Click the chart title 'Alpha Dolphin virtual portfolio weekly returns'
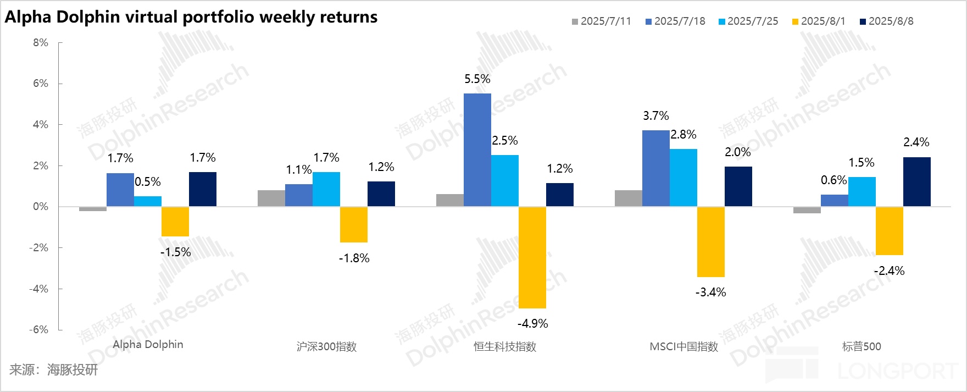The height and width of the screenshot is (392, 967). (x=191, y=17)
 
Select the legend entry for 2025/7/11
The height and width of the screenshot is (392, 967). (x=602, y=21)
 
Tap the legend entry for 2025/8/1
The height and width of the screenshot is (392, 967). (x=818, y=21)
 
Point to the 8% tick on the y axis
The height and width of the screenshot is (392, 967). (x=41, y=43)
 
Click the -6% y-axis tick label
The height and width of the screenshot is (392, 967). (x=38, y=329)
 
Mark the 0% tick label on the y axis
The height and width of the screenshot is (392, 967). (x=41, y=207)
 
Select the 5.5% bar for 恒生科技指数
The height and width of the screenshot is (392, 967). (x=477, y=150)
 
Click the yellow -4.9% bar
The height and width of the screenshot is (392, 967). (x=532, y=257)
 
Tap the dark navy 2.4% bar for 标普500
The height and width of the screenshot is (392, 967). (x=917, y=182)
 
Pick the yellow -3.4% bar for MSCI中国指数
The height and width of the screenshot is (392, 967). (x=711, y=242)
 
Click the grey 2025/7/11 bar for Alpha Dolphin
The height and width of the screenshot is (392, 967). (x=93, y=209)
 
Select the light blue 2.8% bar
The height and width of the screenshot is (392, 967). (x=683, y=178)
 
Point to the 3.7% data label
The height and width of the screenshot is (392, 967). (x=656, y=116)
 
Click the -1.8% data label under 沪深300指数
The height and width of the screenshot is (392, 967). (x=354, y=258)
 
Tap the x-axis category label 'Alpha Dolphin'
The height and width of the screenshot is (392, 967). (x=148, y=345)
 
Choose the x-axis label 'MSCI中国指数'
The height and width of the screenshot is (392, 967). (x=683, y=347)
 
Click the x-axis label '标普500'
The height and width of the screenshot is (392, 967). (x=862, y=347)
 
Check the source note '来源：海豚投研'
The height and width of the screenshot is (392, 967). (x=53, y=370)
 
